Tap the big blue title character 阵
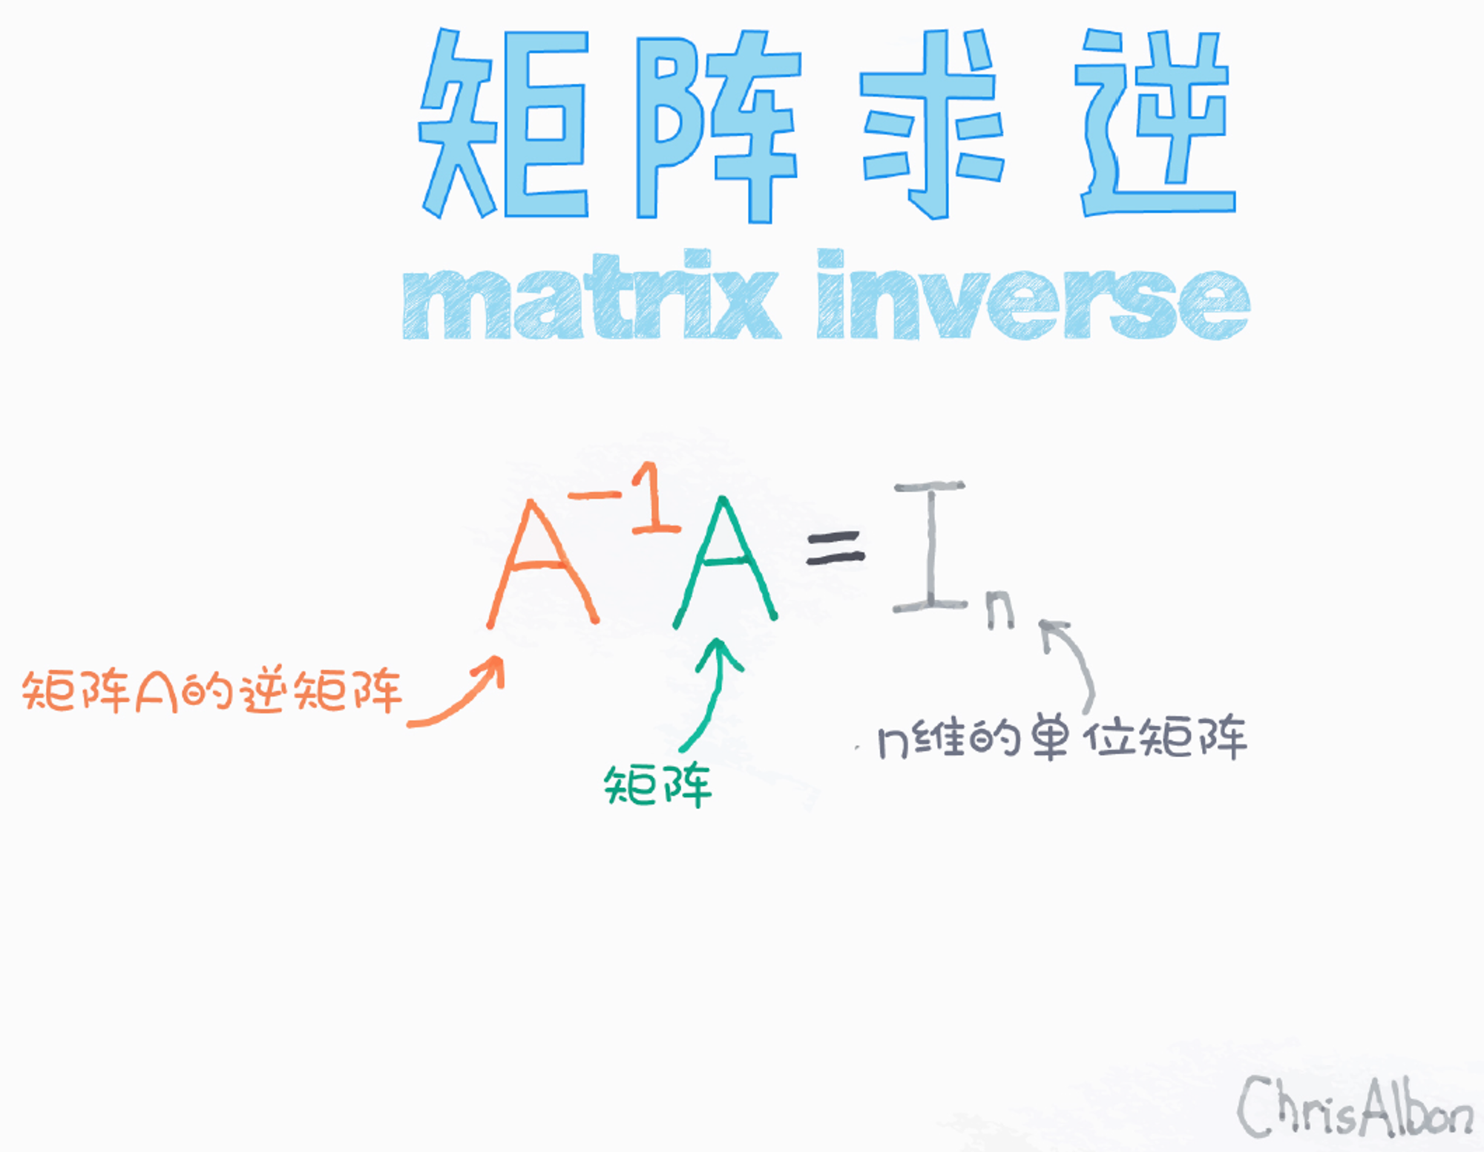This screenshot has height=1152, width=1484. click(x=718, y=126)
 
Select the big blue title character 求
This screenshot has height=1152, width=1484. click(x=932, y=125)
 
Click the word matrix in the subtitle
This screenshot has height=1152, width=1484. click(x=591, y=295)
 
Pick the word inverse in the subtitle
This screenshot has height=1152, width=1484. click(x=1033, y=295)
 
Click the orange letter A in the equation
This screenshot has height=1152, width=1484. click(x=542, y=563)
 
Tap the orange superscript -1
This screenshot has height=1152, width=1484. click(x=625, y=497)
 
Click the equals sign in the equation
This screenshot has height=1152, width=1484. click(x=835, y=547)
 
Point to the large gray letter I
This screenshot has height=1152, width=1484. click(x=930, y=546)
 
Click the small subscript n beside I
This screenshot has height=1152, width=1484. click(x=999, y=610)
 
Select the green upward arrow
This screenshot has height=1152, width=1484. click(x=714, y=690)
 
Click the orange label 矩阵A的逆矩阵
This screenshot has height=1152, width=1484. click(x=212, y=692)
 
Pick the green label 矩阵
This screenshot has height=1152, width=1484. click(x=658, y=785)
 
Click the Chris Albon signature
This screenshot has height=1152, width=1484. click(x=1355, y=1107)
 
